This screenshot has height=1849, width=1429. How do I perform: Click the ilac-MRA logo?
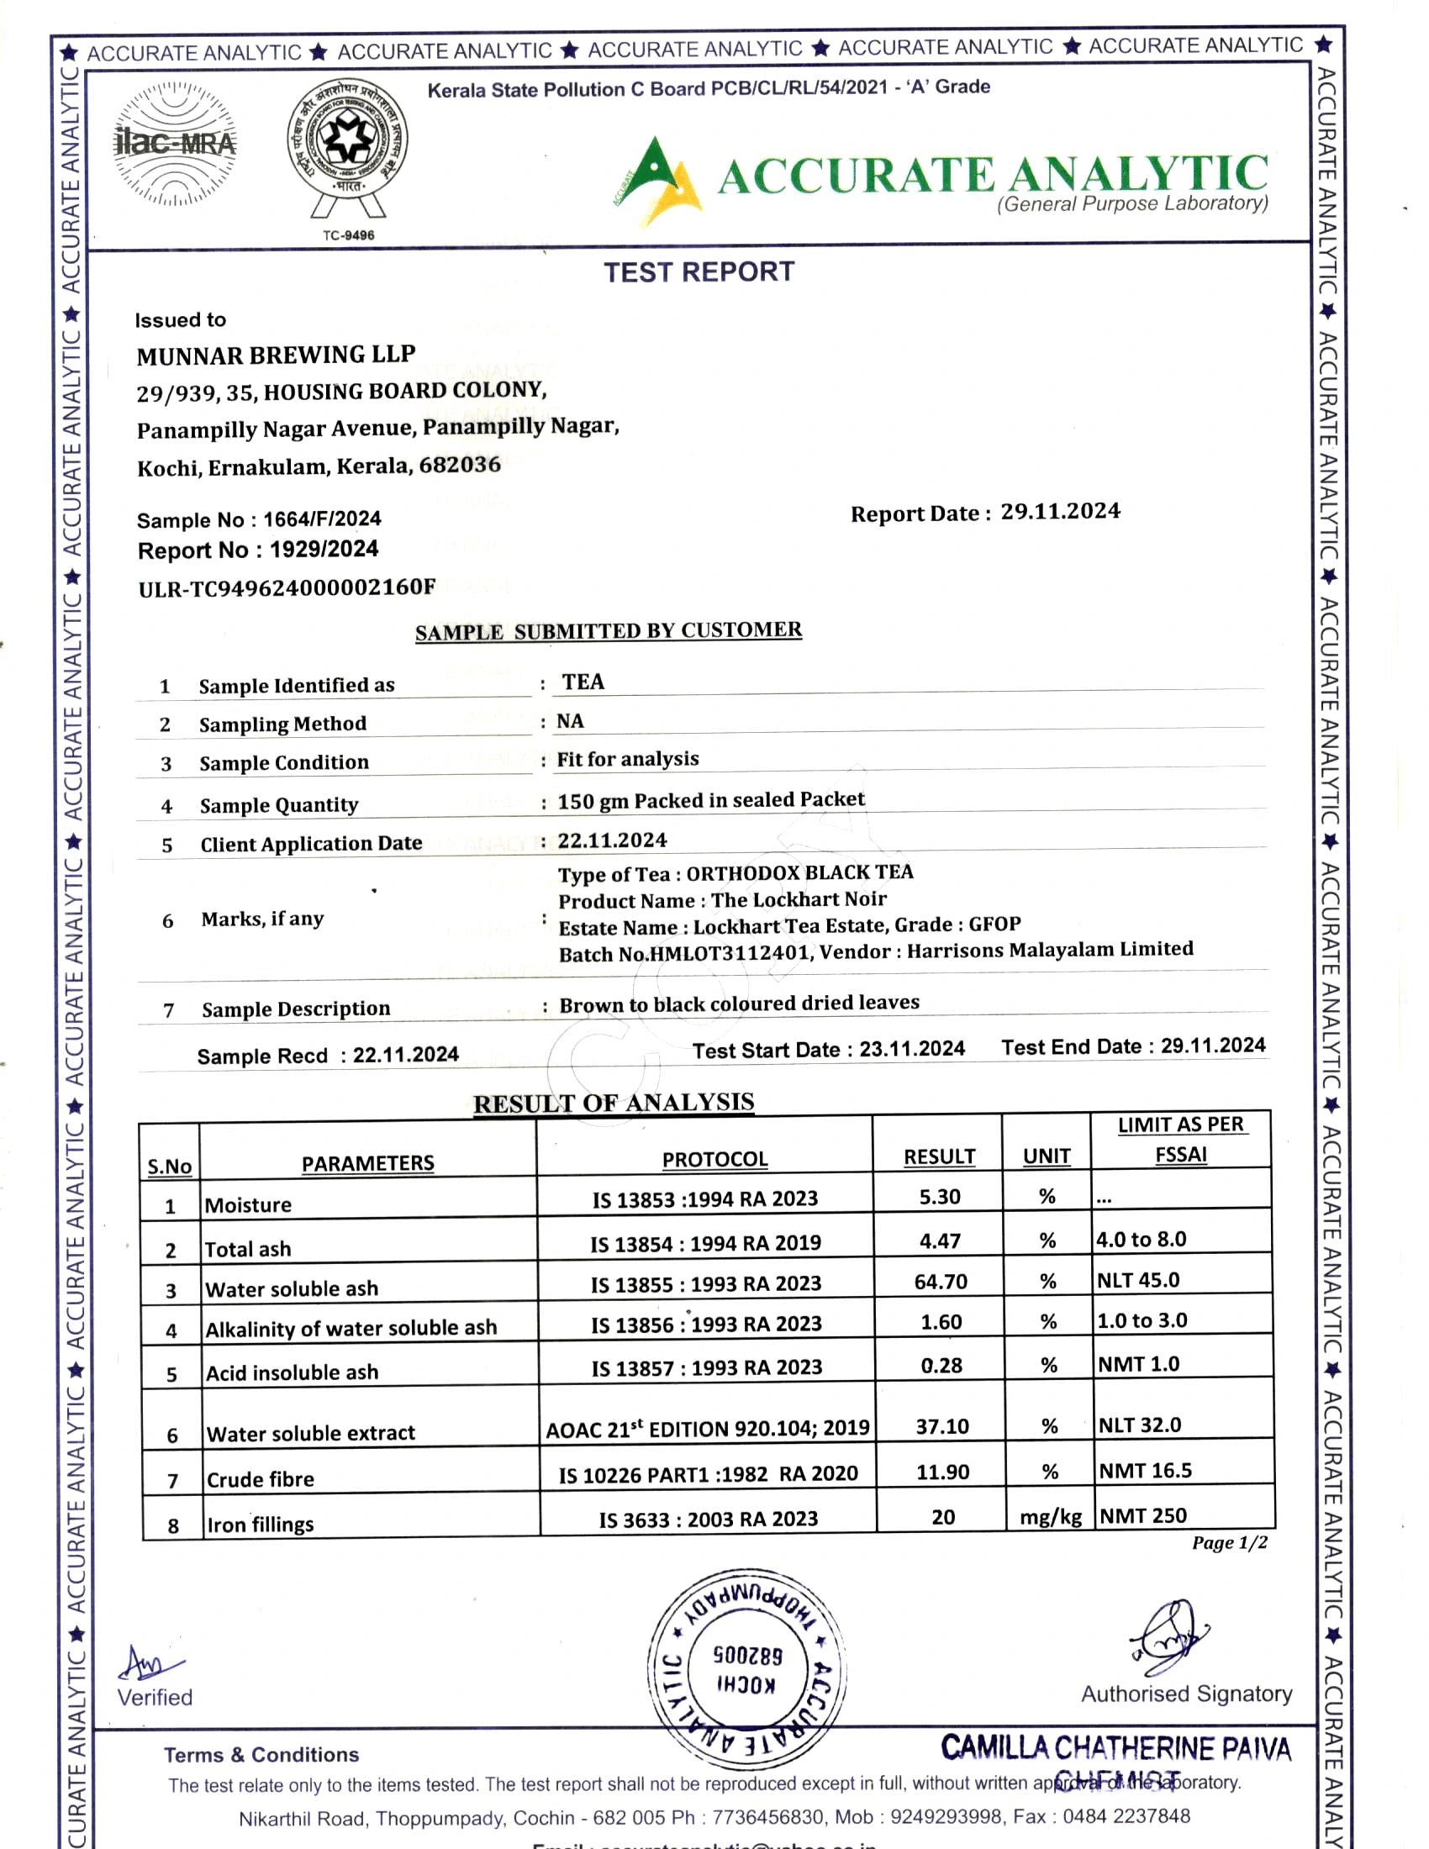click(175, 144)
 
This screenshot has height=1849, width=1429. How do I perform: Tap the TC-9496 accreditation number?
click(348, 235)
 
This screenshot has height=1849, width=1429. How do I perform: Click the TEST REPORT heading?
click(699, 271)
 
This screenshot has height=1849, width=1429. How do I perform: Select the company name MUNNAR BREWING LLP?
click(276, 355)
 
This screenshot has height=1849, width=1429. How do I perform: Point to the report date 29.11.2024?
click(1060, 511)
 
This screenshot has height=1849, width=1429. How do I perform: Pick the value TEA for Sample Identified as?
click(583, 682)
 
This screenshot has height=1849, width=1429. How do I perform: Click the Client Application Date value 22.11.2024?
click(612, 840)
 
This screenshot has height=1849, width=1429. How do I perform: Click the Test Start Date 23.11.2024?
click(912, 1049)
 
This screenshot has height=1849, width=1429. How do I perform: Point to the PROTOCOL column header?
click(714, 1159)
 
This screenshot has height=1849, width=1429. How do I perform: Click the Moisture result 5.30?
click(940, 1197)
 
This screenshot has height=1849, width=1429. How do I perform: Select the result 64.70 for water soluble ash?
click(940, 1282)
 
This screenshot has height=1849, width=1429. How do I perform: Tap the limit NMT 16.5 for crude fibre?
click(1145, 1472)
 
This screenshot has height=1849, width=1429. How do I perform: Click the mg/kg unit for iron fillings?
click(1050, 1516)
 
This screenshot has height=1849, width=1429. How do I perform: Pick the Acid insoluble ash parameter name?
click(292, 1372)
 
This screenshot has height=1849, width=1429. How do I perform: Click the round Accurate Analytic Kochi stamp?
click(746, 1670)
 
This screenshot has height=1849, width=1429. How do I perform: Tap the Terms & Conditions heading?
click(261, 1754)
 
